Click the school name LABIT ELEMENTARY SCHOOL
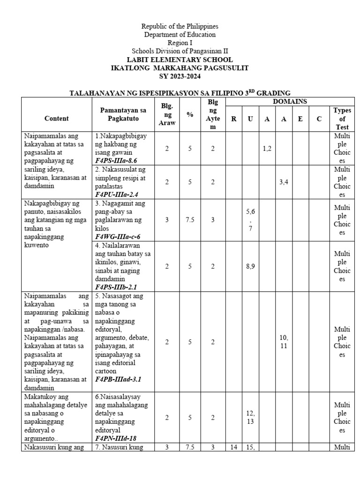(x=180, y=60)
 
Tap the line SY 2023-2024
(x=180, y=76)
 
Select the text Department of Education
(x=180, y=35)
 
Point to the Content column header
(x=57, y=119)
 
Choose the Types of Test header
(x=342, y=119)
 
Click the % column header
(x=190, y=114)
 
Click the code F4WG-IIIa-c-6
(x=118, y=237)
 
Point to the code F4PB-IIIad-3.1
(x=118, y=379)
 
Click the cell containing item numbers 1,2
(x=267, y=148)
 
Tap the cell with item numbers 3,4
(x=284, y=182)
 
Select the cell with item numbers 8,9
(x=250, y=266)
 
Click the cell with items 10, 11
(x=284, y=342)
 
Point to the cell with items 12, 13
(x=250, y=417)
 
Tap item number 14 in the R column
(x=233, y=447)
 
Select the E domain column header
(x=300, y=119)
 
